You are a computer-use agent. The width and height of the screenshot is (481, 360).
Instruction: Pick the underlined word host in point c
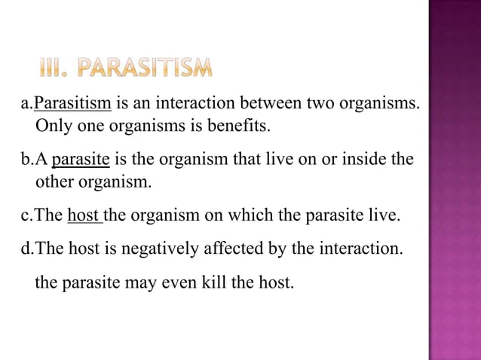click(x=84, y=216)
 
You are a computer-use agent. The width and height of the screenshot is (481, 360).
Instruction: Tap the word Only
click(x=53, y=124)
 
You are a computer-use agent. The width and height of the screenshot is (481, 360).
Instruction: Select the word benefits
click(x=238, y=124)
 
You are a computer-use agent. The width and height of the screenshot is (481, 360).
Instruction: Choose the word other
click(x=56, y=181)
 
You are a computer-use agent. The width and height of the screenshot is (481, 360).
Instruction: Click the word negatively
click(x=150, y=246)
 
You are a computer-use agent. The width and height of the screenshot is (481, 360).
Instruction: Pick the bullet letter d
click(x=24, y=246)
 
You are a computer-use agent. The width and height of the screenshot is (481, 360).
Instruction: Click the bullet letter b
click(x=24, y=160)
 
